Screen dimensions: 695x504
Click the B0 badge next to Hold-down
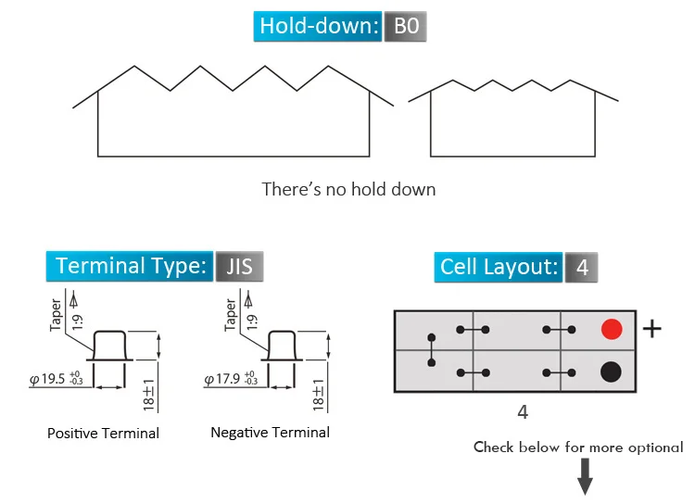pyautogui.click(x=405, y=26)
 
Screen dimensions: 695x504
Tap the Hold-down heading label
pyautogui.click(x=317, y=26)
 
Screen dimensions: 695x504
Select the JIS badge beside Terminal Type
pyautogui.click(x=239, y=267)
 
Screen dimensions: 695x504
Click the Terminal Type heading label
pyautogui.click(x=130, y=266)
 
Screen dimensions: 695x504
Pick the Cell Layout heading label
pyautogui.click(x=499, y=267)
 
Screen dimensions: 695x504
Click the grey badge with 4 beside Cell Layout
pyautogui.click(x=582, y=268)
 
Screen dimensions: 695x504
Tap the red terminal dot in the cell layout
pyautogui.click(x=612, y=329)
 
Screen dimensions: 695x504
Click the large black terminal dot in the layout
pyautogui.click(x=611, y=372)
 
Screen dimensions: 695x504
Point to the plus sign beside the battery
pyautogui.click(x=652, y=329)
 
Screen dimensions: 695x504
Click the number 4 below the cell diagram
pyautogui.click(x=523, y=412)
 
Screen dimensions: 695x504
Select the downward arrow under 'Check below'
pyautogui.click(x=585, y=476)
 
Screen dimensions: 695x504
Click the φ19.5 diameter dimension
pyautogui.click(x=56, y=379)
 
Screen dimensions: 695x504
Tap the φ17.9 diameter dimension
pyautogui.click(x=231, y=379)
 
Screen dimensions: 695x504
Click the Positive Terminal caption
pyautogui.click(x=103, y=433)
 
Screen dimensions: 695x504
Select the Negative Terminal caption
pyautogui.click(x=270, y=432)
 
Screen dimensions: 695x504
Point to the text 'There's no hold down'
pyautogui.click(x=348, y=189)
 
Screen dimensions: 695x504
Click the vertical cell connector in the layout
pyautogui.click(x=431, y=350)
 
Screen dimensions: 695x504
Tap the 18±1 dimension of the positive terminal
pyautogui.click(x=148, y=395)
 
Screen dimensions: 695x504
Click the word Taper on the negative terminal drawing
pyautogui.click(x=230, y=315)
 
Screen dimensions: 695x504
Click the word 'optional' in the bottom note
pyautogui.click(x=656, y=447)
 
